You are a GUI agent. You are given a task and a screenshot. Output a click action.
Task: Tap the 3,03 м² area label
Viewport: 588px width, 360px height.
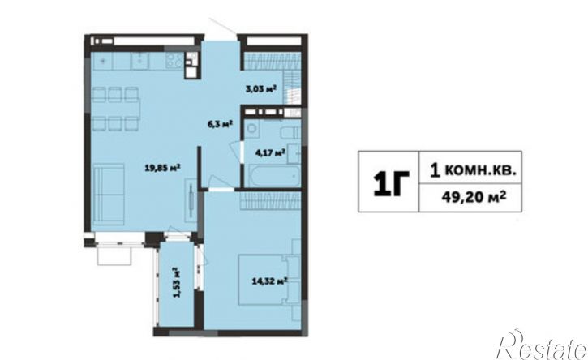[x=261, y=89]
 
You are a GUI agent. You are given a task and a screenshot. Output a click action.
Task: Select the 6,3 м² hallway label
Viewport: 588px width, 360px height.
[x=221, y=124]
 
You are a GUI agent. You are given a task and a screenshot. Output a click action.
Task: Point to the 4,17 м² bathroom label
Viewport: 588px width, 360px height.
[x=270, y=152]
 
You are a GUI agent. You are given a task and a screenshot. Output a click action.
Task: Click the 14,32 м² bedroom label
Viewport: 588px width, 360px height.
[x=269, y=281]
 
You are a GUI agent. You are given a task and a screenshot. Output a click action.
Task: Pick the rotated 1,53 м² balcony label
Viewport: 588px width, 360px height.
[x=175, y=282]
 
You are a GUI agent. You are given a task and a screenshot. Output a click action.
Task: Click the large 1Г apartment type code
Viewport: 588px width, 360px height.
[x=391, y=182]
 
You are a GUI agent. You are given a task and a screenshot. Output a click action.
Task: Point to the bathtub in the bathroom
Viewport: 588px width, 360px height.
[x=274, y=175]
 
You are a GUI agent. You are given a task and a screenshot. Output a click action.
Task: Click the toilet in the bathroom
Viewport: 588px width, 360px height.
[x=291, y=132]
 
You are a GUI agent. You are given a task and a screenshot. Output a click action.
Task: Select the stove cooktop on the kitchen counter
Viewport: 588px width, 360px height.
[x=174, y=60]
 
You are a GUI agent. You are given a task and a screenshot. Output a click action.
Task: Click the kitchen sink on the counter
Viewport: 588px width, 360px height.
[x=139, y=60]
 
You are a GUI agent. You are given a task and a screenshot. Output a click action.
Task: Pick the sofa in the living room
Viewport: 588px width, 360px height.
[x=109, y=195]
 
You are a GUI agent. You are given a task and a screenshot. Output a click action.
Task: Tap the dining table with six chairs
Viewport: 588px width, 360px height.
[x=116, y=109]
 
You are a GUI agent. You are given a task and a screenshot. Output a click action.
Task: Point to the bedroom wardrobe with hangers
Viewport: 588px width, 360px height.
[x=270, y=199]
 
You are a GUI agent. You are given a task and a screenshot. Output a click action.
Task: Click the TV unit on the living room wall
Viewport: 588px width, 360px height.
[x=191, y=200]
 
